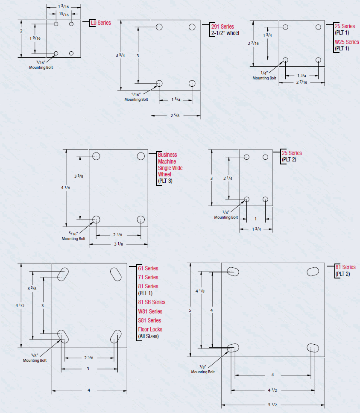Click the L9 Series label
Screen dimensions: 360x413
[x=101, y=23]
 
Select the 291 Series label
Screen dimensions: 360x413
[x=222, y=26]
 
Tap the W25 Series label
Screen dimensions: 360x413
[x=347, y=42]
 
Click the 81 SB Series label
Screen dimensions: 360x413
[x=152, y=302]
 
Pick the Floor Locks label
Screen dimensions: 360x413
[x=150, y=330]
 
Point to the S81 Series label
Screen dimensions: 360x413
[x=149, y=321]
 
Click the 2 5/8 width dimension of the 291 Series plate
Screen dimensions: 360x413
[x=175, y=115]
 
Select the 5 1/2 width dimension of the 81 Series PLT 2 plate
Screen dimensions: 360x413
[x=272, y=404]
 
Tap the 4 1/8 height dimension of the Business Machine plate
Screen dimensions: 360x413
[x=65, y=187]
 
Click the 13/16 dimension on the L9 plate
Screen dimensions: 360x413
[x=64, y=15]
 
